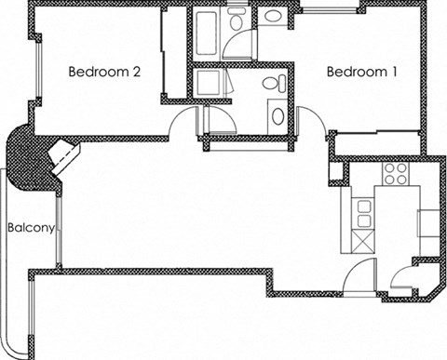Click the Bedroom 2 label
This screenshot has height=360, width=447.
[105, 72]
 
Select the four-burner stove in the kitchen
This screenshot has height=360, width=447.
[396, 173]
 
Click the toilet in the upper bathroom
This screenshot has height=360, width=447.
[237, 19]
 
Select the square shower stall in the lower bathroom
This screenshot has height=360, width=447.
[210, 84]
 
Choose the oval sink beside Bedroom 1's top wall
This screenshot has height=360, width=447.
[274, 16]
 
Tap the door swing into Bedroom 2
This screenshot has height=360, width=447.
[186, 119]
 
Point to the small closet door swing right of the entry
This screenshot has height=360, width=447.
[402, 277]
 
